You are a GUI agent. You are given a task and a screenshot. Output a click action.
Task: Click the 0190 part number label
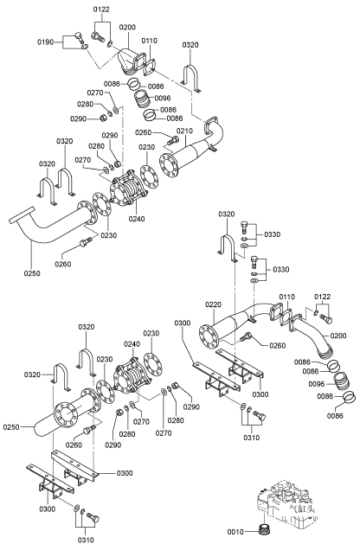pyautogui.click(x=46, y=42)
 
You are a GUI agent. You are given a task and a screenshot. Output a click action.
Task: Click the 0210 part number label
pyautogui.click(x=184, y=131)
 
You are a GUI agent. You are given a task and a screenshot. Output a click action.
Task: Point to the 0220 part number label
pyautogui.click(x=213, y=304)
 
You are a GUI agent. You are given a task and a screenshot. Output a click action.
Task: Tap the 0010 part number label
pyautogui.click(x=235, y=532)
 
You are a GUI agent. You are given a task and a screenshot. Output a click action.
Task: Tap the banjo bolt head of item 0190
pyautogui.click(x=79, y=35)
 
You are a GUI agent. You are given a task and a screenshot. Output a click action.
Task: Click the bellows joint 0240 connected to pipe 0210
pyautogui.click(x=129, y=189)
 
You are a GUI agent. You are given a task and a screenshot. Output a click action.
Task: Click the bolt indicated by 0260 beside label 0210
pyautogui.click(x=172, y=141)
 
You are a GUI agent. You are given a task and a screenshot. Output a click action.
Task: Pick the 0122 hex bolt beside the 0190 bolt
pyautogui.click(x=98, y=35)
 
